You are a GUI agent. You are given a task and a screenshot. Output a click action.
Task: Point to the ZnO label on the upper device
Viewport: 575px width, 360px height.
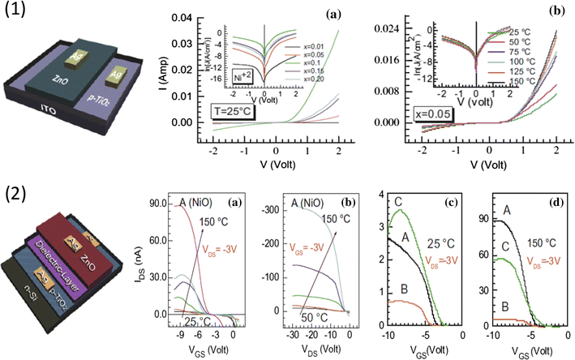click(x=60, y=80)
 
